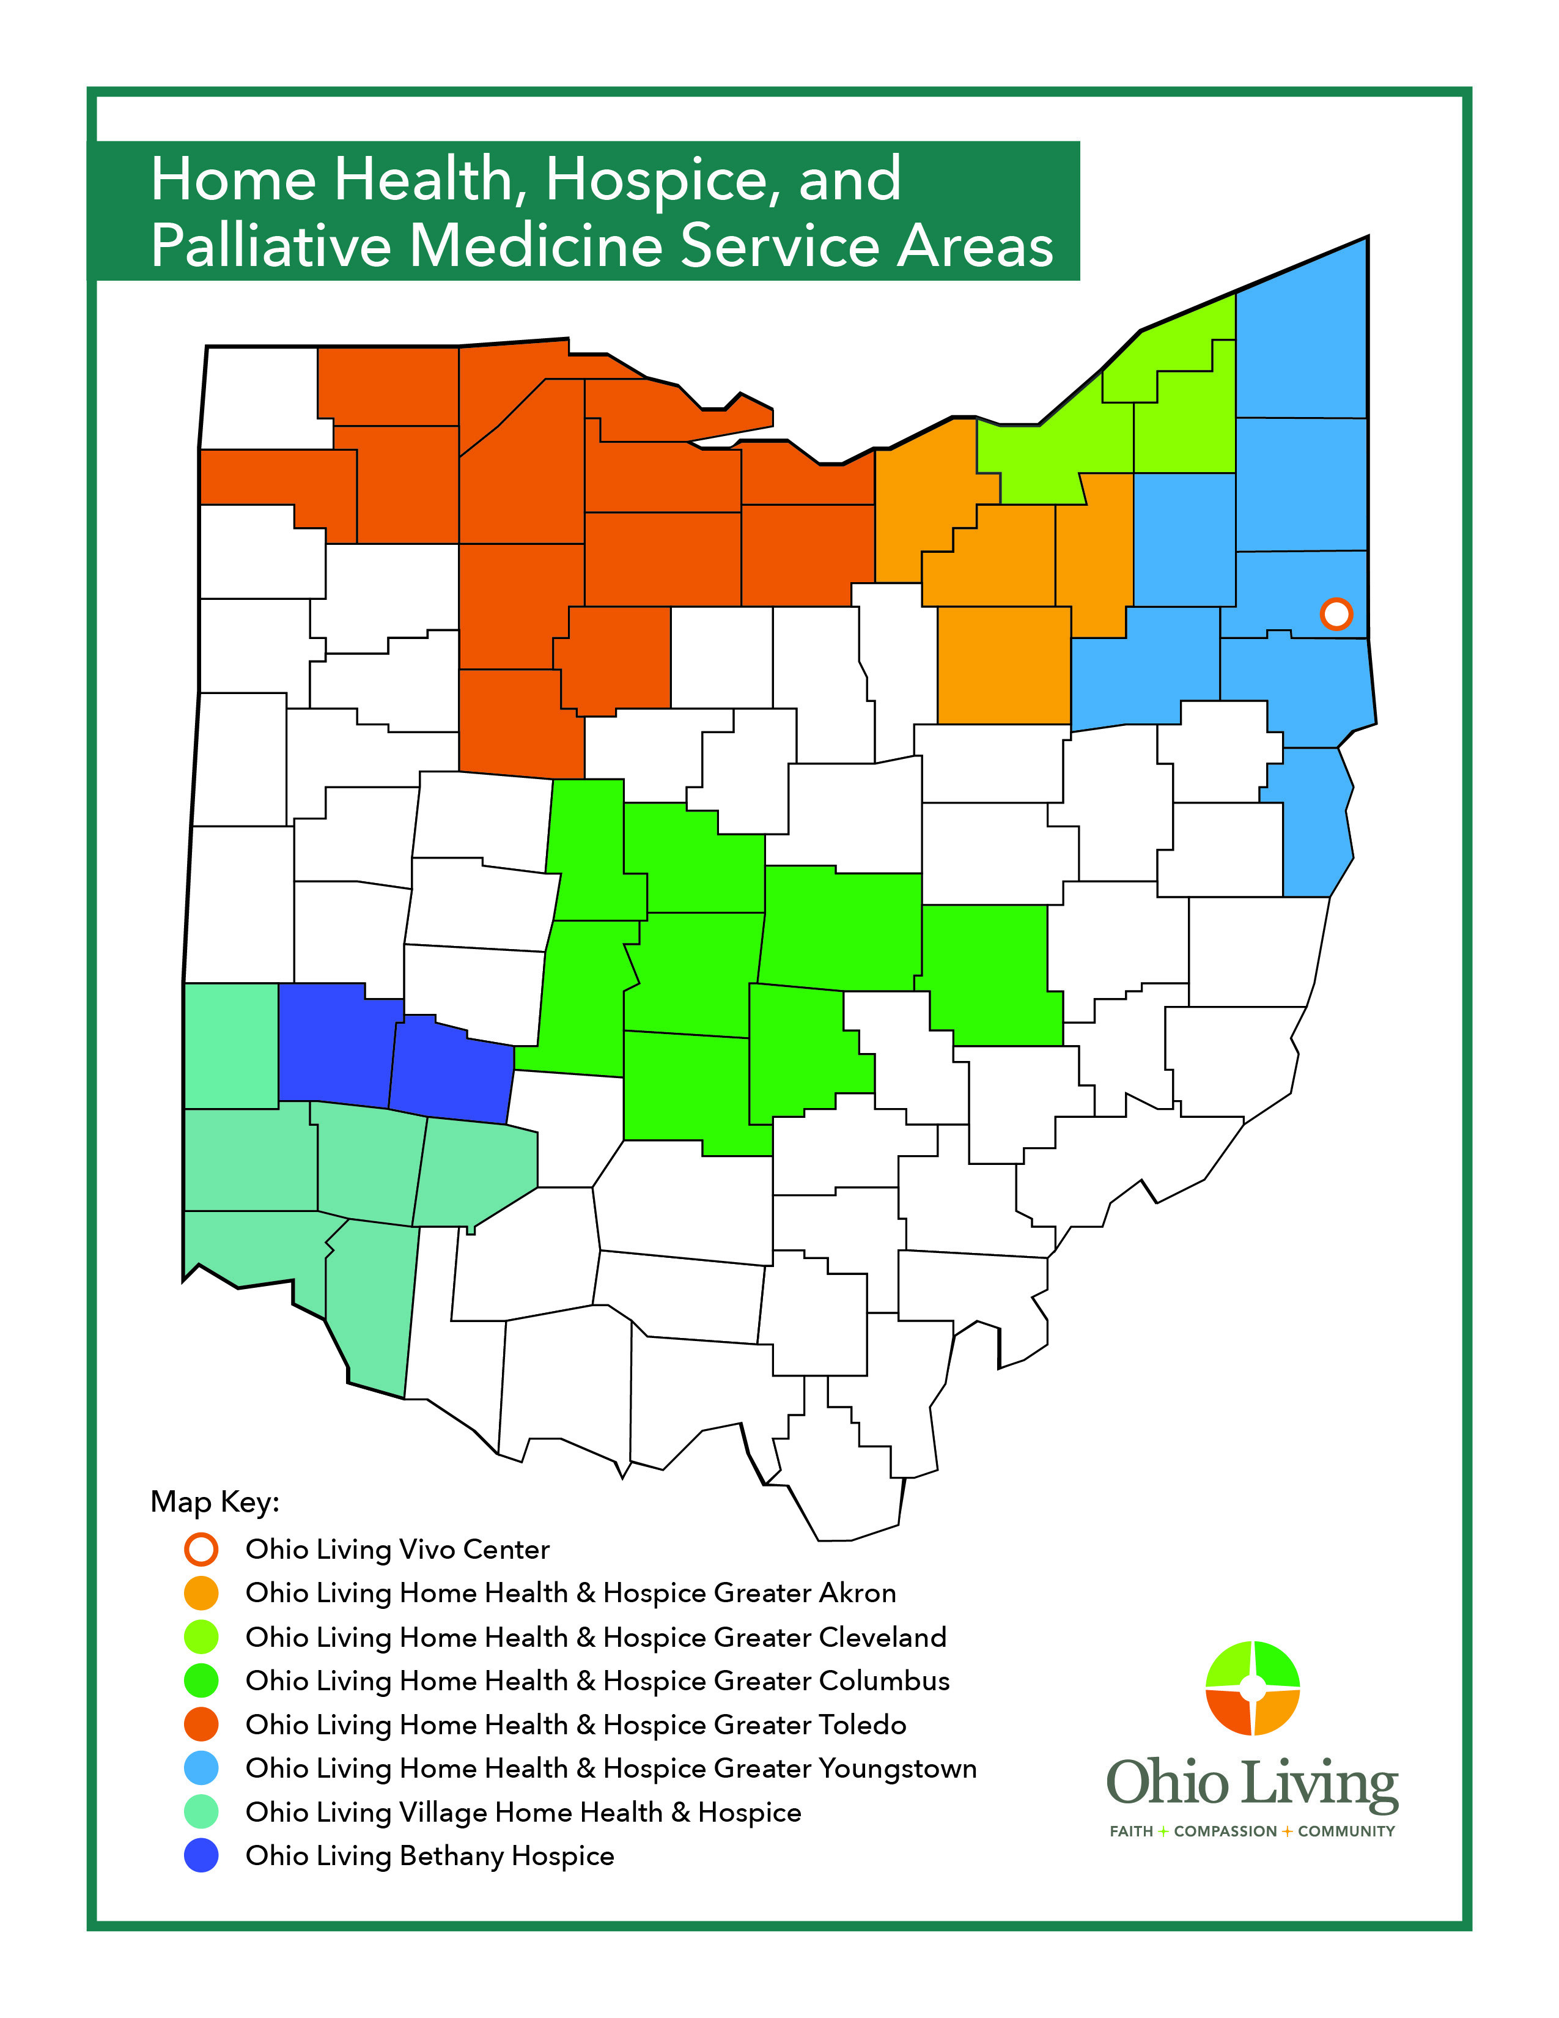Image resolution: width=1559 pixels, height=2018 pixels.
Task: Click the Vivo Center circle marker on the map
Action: (1335, 613)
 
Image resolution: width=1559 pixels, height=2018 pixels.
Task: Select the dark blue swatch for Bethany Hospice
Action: (201, 1855)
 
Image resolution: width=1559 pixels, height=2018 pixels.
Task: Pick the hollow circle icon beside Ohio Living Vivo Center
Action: (201, 1548)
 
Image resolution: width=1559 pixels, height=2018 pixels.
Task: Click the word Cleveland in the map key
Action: (882, 1636)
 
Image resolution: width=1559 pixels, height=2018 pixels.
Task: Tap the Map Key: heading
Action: (214, 1501)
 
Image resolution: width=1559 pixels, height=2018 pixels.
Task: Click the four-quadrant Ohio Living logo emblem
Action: (1252, 1688)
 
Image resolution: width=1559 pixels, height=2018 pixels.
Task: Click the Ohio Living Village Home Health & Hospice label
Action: (523, 1812)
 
